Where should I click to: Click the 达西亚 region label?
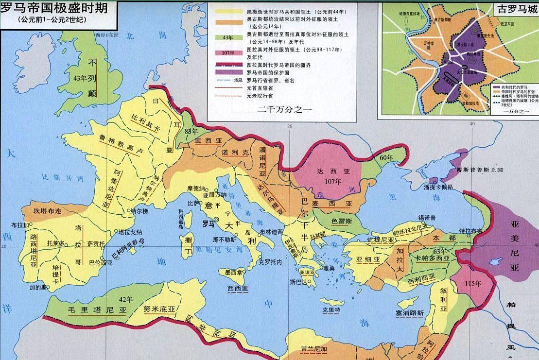[x=326, y=171]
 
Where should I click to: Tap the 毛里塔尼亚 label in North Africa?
[x=96, y=309]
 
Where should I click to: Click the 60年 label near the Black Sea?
[x=385, y=158]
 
